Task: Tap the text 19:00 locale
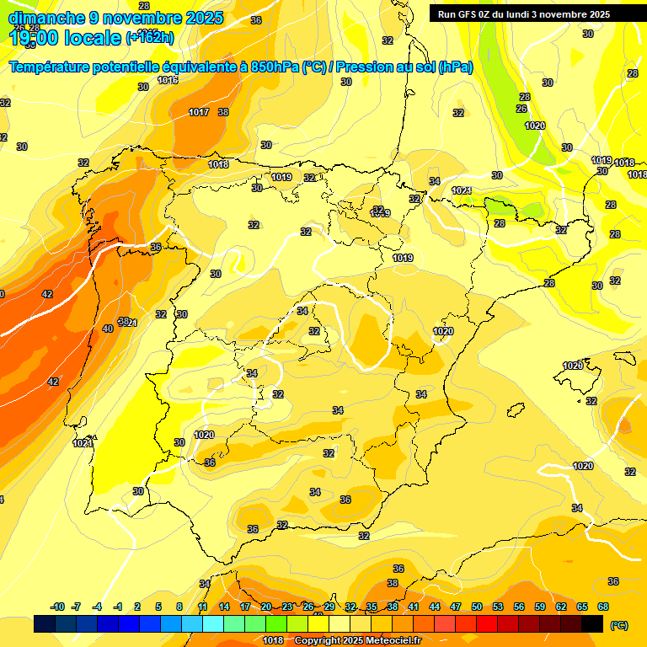tap(64, 38)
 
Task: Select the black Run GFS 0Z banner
tap(532, 13)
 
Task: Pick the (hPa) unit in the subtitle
tap(455, 67)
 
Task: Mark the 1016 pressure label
tap(168, 81)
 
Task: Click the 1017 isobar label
tap(199, 112)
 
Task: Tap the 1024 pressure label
tap(462, 191)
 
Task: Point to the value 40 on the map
tap(108, 329)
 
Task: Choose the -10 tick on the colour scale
tap(57, 607)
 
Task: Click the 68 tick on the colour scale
tap(603, 607)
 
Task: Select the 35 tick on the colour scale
tap(372, 607)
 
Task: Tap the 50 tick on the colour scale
tap(477, 607)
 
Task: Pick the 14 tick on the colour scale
tap(224, 607)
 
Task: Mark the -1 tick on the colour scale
tap(119, 607)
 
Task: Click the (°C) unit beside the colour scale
tap(619, 625)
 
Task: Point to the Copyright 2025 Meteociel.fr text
tap(356, 641)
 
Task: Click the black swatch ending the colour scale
tap(592, 624)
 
